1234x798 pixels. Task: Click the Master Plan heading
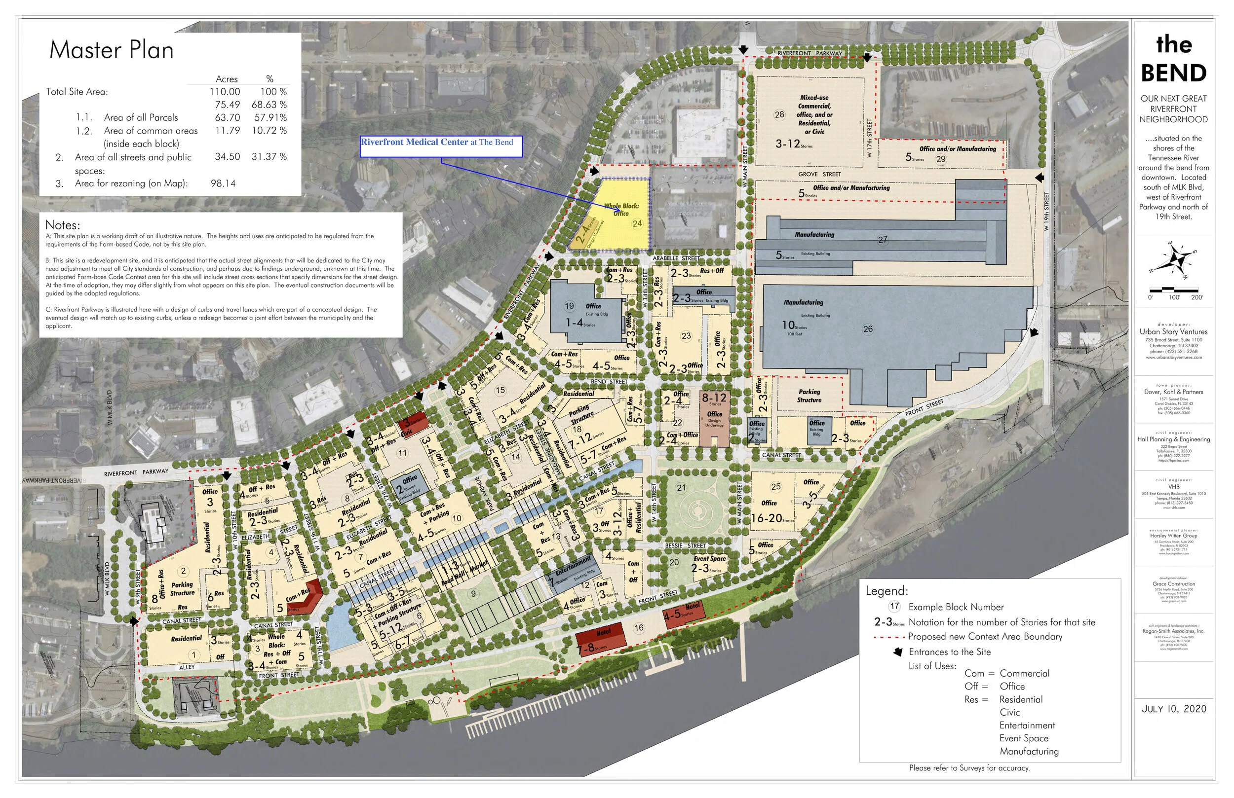(x=111, y=50)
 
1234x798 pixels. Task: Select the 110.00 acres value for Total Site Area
(x=225, y=92)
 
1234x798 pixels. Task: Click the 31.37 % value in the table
(x=269, y=156)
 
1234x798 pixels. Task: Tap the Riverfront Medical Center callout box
(x=441, y=146)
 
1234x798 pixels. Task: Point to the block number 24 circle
(x=637, y=224)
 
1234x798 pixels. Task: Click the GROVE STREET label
(x=819, y=174)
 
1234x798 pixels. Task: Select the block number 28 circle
(x=779, y=114)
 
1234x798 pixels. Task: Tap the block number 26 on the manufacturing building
(x=867, y=329)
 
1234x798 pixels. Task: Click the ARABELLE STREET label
(x=676, y=258)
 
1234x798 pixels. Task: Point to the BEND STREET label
(x=609, y=381)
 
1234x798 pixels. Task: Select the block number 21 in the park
(x=681, y=488)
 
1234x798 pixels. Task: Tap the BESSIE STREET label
(x=685, y=545)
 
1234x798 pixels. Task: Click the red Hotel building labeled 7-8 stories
(x=601, y=643)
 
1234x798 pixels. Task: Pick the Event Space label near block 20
(x=709, y=559)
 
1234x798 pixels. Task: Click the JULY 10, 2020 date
(x=1173, y=709)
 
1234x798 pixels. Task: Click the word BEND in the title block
(x=1173, y=73)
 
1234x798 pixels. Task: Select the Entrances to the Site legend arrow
(x=898, y=652)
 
